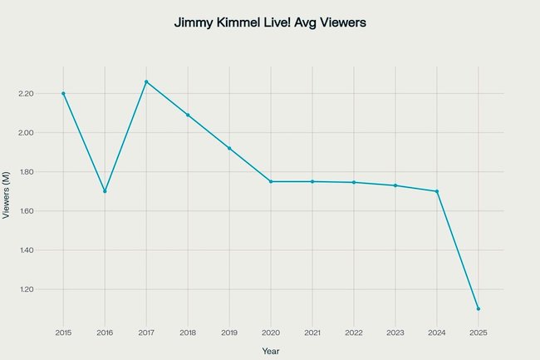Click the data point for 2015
coord(63,93)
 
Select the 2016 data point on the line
coord(105,191)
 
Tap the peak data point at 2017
coord(146,81)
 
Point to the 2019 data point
coord(229,148)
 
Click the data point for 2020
coord(271,181)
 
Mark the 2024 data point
coord(437,191)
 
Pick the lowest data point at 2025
coord(479,308)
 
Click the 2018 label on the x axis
coord(188,332)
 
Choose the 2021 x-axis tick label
coord(312,332)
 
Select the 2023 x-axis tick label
coord(395,332)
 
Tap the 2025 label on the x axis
coord(479,332)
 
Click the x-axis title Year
coord(271,351)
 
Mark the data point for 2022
coord(354,182)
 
